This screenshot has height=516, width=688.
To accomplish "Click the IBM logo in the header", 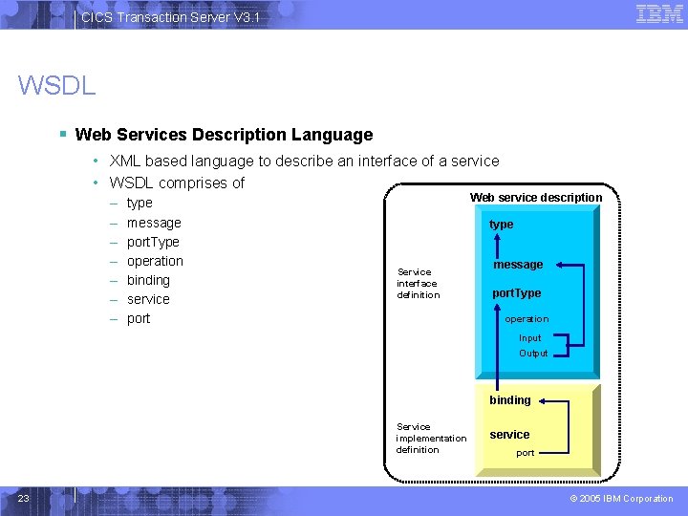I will [659, 13].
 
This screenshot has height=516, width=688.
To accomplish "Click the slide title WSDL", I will [56, 86].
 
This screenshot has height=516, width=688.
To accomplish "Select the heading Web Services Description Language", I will [224, 135].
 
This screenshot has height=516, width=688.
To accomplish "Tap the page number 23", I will [24, 498].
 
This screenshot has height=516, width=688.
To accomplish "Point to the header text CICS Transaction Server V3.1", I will [170, 17].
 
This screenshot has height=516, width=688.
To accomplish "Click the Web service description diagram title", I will [535, 198].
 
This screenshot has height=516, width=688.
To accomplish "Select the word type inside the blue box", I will [501, 225].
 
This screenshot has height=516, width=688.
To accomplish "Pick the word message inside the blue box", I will [518, 265].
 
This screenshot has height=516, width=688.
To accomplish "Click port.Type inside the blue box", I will [516, 293].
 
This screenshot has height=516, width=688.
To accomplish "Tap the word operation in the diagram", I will [527, 319].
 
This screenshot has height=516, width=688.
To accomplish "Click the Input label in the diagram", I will [529, 338].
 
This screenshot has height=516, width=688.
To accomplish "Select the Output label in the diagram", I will [533, 354].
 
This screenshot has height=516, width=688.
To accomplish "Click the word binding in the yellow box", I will [510, 400].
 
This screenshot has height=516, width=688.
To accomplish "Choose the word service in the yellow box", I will [509, 435].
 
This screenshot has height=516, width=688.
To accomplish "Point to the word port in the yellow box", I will [525, 453].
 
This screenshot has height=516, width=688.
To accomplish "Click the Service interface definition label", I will [419, 284].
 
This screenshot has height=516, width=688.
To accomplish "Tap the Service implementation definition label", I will [431, 439].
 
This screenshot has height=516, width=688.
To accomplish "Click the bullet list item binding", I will [148, 280].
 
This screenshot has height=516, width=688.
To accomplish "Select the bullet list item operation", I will [155, 261].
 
